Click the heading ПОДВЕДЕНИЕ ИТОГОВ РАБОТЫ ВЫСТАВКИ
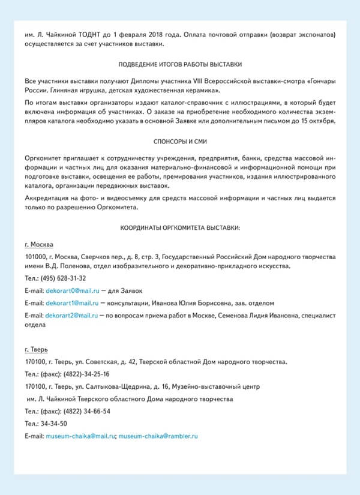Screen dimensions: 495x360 pyautogui.click(x=180, y=64)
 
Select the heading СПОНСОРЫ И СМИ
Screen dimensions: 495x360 pyautogui.click(x=180, y=142)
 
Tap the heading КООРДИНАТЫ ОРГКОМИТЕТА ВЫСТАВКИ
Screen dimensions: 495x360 pyautogui.click(x=180, y=229)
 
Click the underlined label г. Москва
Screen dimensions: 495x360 pyautogui.click(x=38, y=245)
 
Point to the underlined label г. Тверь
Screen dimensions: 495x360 pyautogui.click(x=37, y=349)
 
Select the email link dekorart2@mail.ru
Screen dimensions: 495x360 pyautogui.click(x=71, y=315)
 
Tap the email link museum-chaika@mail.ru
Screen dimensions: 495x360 pyautogui.click(x=80, y=436)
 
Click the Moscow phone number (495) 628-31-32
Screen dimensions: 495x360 pyautogui.click(x=63, y=278)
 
